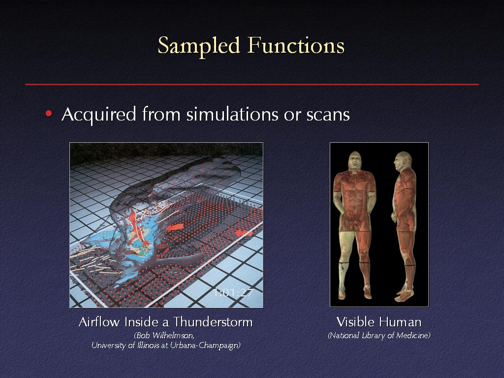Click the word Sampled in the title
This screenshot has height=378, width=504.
coord(199,46)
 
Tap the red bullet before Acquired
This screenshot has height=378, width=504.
coord(49,114)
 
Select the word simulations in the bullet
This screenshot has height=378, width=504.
coord(232,114)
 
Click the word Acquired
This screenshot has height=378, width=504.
coord(98,115)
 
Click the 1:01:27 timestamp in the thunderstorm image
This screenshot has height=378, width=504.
coord(233,293)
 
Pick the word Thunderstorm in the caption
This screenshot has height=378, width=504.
coord(213,322)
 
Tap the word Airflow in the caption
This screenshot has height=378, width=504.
coord(99,322)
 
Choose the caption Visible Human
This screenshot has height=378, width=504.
coord(379,322)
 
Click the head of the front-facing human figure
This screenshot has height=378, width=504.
coord(354,161)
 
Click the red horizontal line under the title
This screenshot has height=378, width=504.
coord(252,85)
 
